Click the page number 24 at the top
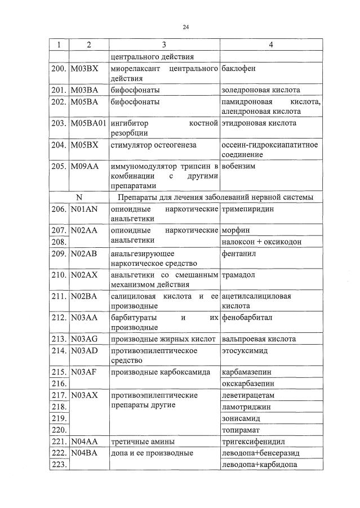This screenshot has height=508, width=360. click(x=185, y=27)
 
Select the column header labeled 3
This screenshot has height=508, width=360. click(x=163, y=44)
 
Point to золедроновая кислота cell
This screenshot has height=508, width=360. click(x=261, y=90)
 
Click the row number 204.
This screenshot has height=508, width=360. click(x=59, y=145)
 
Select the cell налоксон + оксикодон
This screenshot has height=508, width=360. click(x=261, y=242)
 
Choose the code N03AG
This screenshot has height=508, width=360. click(x=84, y=338)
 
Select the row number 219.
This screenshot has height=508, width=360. click(x=59, y=418)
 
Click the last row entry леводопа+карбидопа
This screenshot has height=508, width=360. click(x=260, y=465)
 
